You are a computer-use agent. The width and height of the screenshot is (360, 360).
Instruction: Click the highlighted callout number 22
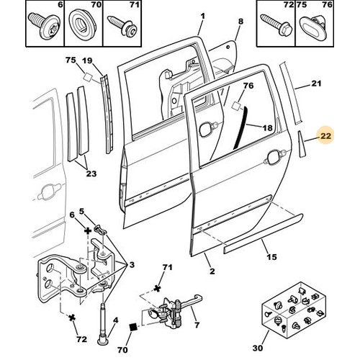(x=325, y=136)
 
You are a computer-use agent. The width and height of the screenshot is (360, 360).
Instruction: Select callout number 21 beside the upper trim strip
(x=316, y=84)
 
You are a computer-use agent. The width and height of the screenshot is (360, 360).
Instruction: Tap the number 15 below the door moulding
(x=271, y=257)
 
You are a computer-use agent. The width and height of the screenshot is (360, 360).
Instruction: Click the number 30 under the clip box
(x=258, y=348)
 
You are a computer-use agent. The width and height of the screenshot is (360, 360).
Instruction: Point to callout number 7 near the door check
(x=197, y=325)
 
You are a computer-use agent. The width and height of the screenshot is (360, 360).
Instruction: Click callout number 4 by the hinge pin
(x=116, y=320)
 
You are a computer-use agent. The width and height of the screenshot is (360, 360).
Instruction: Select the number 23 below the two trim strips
(x=91, y=174)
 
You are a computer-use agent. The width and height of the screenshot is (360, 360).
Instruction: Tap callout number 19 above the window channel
(x=87, y=60)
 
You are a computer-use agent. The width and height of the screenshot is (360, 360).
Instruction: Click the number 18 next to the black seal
(x=267, y=127)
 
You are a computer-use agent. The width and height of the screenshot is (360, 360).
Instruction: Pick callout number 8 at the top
(x=240, y=22)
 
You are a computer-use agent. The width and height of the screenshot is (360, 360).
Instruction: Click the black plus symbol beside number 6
(x=88, y=231)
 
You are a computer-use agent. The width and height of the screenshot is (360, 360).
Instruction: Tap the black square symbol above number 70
(x=133, y=327)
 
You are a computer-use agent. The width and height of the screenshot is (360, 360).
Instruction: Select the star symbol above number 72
(x=72, y=318)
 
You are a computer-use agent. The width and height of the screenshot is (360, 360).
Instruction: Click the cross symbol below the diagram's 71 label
(x=157, y=288)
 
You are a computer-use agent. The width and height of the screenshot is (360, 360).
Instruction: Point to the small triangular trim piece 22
(x=302, y=144)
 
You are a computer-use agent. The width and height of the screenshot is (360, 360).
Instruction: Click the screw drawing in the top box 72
(x=276, y=24)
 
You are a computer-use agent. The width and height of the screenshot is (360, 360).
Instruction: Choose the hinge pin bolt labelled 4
(x=103, y=325)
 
